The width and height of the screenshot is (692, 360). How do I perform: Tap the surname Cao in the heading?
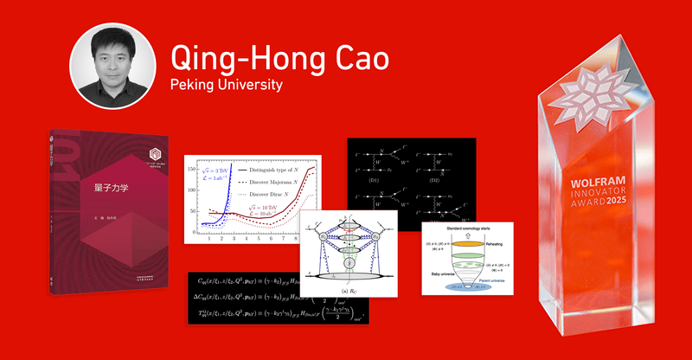pos(355,60)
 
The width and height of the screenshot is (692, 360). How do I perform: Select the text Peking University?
pos(227,87)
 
